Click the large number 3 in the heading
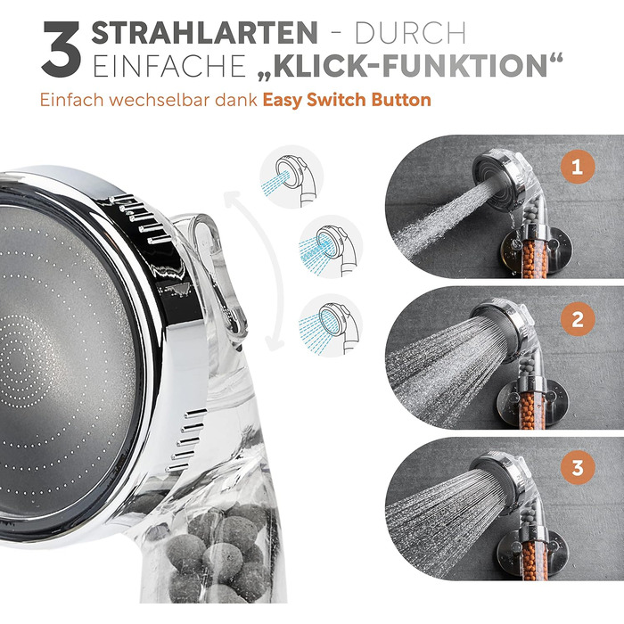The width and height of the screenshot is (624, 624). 62,49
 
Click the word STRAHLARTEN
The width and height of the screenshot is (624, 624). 204,33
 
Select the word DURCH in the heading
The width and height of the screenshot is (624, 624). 410,33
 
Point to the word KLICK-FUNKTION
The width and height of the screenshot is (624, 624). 410,66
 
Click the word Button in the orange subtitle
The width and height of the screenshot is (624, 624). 401,100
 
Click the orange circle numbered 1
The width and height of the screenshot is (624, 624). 578,167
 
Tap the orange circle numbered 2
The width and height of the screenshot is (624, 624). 578,319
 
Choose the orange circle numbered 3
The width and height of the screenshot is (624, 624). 578,468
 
